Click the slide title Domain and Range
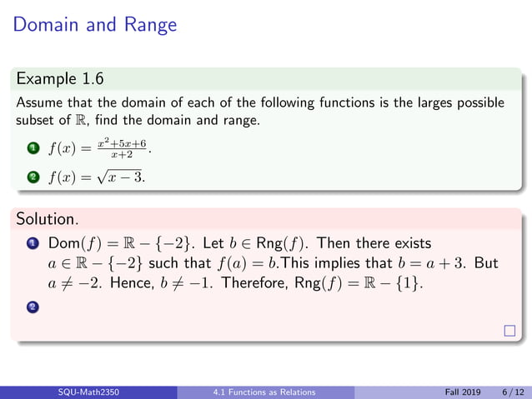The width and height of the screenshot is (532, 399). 95,24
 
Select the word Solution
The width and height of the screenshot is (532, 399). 47,220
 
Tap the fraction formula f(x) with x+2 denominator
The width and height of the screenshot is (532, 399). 103,151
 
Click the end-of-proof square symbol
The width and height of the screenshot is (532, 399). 510,332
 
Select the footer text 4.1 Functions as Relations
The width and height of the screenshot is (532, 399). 265,392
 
